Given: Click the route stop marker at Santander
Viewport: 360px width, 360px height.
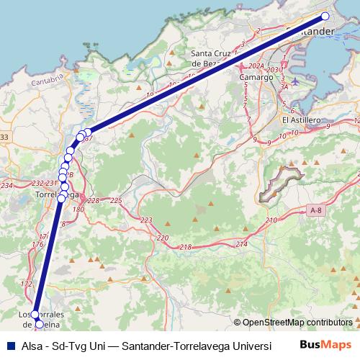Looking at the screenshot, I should point(325,16).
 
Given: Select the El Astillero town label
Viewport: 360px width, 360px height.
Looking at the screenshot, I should point(301,120).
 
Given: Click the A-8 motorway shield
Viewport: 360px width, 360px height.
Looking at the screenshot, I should point(315,210).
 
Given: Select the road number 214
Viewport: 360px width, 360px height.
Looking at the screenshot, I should point(240,245).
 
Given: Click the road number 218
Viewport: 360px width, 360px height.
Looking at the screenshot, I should point(186,247).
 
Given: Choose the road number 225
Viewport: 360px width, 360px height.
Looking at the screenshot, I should point(116,200).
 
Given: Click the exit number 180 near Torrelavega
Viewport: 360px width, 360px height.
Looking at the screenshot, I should point(78,209).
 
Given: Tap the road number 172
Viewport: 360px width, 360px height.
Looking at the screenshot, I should point(27,284).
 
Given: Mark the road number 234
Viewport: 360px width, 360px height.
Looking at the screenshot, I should point(7,186).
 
